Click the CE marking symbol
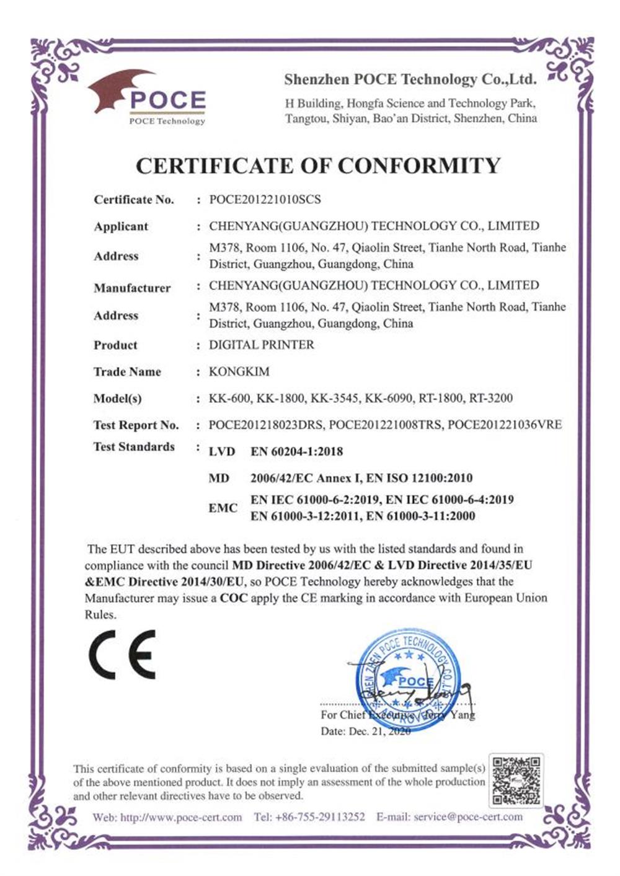tap(122, 655)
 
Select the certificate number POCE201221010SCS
tap(265, 200)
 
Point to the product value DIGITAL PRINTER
tap(261, 345)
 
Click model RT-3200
tap(491, 399)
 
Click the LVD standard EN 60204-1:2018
tap(296, 452)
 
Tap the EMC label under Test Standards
tap(223, 508)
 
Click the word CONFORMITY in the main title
tap(418, 166)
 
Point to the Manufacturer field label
tap(132, 288)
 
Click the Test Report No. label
tap(136, 425)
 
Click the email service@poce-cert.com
tap(468, 817)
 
